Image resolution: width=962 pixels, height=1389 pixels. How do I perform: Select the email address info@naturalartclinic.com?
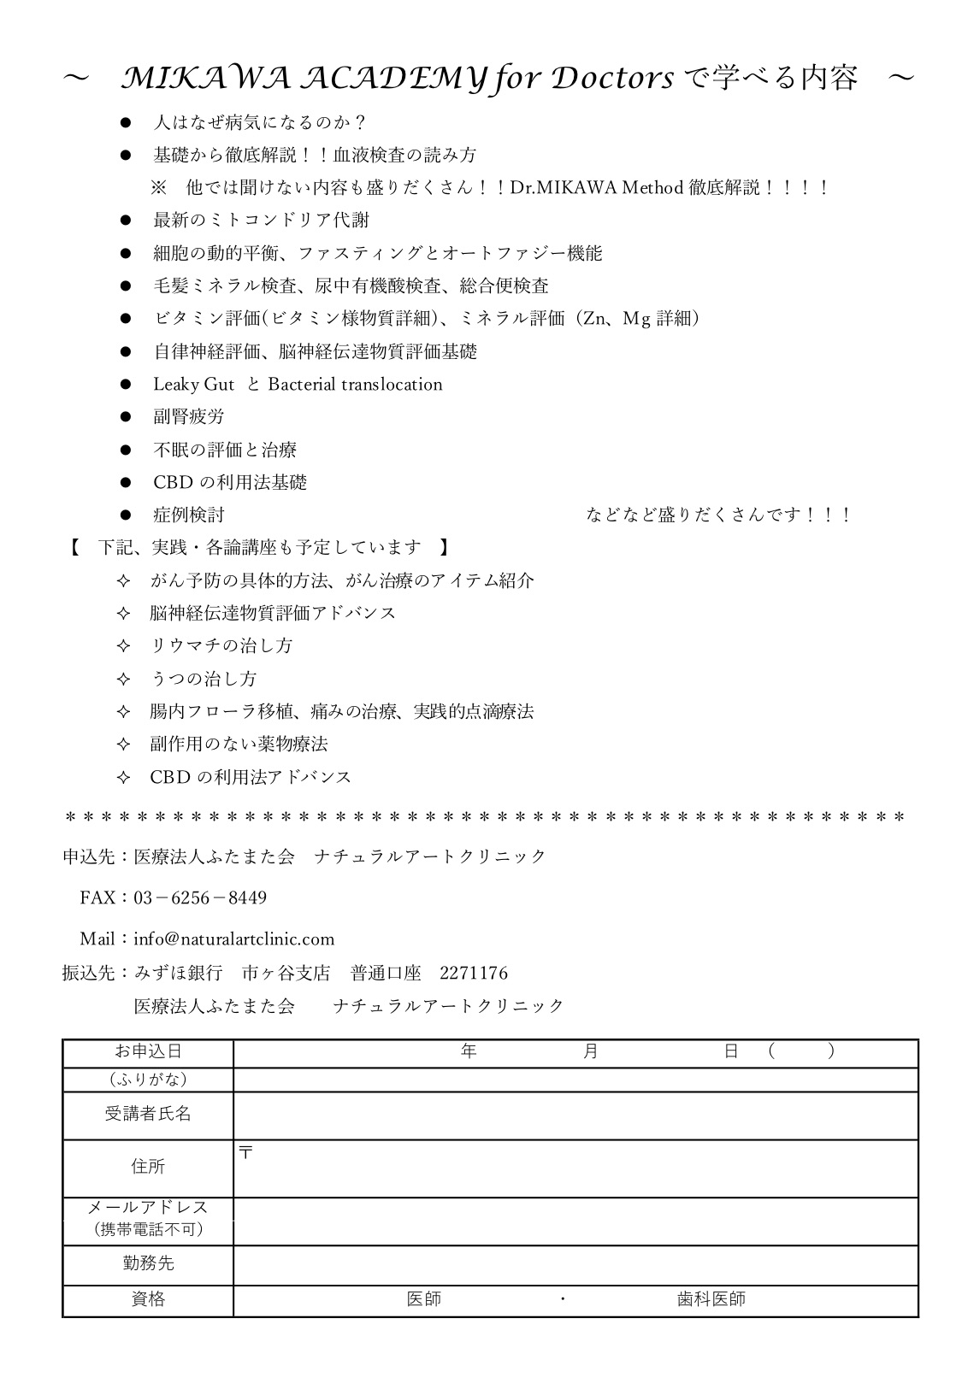[233, 939]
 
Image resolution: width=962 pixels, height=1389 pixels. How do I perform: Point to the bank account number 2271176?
[473, 973]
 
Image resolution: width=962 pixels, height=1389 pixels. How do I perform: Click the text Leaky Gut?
[193, 385]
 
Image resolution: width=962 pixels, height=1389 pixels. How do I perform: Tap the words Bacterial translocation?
[355, 385]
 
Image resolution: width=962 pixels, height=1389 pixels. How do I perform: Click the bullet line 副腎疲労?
[188, 417]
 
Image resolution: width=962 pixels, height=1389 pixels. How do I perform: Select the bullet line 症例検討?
[188, 515]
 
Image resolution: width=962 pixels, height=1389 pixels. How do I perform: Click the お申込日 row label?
[148, 1052]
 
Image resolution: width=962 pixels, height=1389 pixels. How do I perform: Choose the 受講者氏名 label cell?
[148, 1114]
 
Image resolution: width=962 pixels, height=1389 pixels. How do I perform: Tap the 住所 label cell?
[148, 1167]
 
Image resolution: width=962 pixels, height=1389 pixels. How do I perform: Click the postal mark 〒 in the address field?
[246, 1152]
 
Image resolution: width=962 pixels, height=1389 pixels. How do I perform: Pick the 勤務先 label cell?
[148, 1262]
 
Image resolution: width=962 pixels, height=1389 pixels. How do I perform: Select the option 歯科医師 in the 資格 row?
[711, 1299]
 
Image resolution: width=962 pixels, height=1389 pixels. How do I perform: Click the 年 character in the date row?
[469, 1051]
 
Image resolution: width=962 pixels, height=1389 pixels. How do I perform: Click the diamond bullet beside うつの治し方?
[123, 680]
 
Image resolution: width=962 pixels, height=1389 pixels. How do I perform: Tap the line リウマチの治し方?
[221, 646]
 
